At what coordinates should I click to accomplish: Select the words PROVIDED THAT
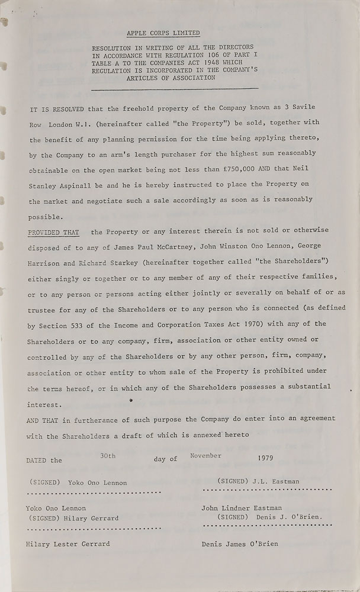click(53, 229)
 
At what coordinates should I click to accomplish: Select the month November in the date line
click(206, 455)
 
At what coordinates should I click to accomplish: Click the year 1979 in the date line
click(266, 458)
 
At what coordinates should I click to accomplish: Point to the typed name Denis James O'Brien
click(240, 543)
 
